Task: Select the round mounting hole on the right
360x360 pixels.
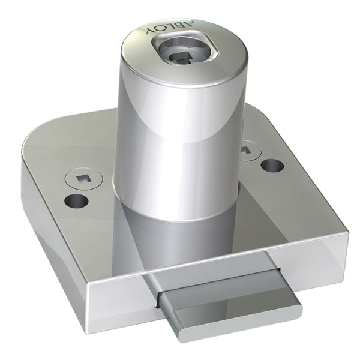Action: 272,166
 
